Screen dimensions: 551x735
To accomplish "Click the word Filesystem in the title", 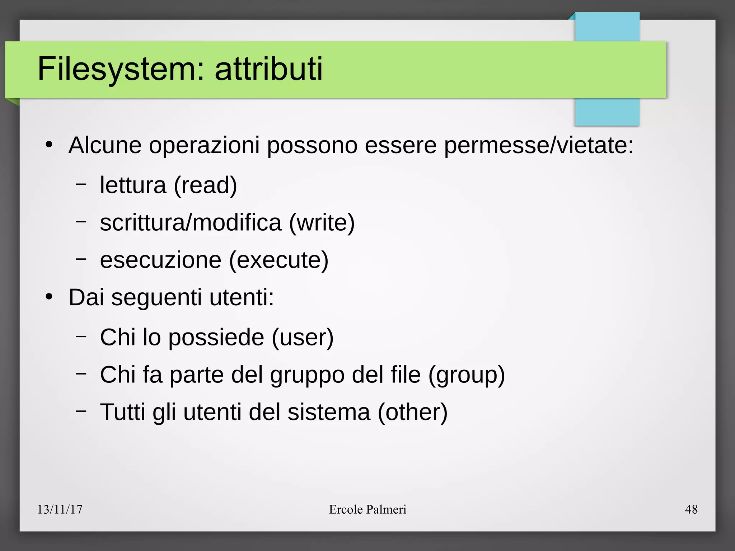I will coord(116,69).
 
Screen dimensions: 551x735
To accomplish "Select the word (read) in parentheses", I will coord(205,185).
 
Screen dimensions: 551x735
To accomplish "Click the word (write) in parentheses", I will coord(322,223).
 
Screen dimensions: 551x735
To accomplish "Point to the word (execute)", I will coord(279,260).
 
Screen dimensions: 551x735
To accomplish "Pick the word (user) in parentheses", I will coord(303,338).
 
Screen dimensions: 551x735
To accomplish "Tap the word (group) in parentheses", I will coord(467,375).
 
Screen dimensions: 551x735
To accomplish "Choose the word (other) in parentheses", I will coord(413,412).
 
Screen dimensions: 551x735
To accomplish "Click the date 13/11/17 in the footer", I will coord(60,509).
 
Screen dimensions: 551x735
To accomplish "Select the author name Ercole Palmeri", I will coord(367,509).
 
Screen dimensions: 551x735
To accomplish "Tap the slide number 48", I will coord(691,509).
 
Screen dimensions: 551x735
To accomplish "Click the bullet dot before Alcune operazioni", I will coord(49,145).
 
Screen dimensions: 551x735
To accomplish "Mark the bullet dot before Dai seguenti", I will coord(49,297).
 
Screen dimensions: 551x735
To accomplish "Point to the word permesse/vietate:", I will coord(539,146).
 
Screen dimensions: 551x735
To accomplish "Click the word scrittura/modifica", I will coord(191,223).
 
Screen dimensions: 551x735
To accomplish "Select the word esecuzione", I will coord(161,260).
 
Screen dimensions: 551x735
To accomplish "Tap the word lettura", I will coord(133,185).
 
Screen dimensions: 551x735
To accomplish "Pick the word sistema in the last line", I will coord(329,412).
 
